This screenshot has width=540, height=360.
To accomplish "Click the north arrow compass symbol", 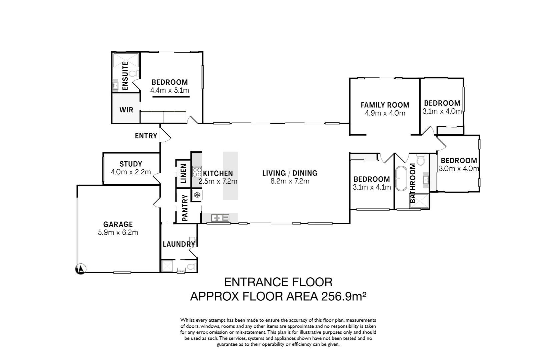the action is [x=81, y=269].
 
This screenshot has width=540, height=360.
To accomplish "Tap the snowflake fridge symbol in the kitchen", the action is [x=197, y=195].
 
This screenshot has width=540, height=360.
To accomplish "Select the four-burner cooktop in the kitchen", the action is [x=197, y=172].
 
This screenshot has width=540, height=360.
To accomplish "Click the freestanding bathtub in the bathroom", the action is [x=401, y=178].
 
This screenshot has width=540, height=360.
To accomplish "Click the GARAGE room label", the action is [x=118, y=224].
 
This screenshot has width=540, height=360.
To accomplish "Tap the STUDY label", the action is [x=131, y=164].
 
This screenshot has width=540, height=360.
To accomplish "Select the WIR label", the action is [x=126, y=110].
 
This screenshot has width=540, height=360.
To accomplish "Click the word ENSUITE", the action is [x=125, y=76].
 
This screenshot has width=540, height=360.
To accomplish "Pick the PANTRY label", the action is [x=185, y=208].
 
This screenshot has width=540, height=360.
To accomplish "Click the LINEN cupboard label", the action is [x=183, y=173].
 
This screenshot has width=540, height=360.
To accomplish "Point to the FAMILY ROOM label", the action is [x=385, y=105].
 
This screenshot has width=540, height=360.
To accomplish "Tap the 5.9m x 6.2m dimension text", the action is [x=118, y=233].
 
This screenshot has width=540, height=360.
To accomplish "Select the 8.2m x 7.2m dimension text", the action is [x=290, y=181].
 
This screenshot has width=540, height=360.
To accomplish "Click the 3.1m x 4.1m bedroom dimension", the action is [x=372, y=187].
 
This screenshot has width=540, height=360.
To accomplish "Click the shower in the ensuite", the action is [x=126, y=60].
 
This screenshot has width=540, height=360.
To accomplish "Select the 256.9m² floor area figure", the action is [x=344, y=296].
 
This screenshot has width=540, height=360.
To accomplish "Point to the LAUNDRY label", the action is [x=179, y=244].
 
